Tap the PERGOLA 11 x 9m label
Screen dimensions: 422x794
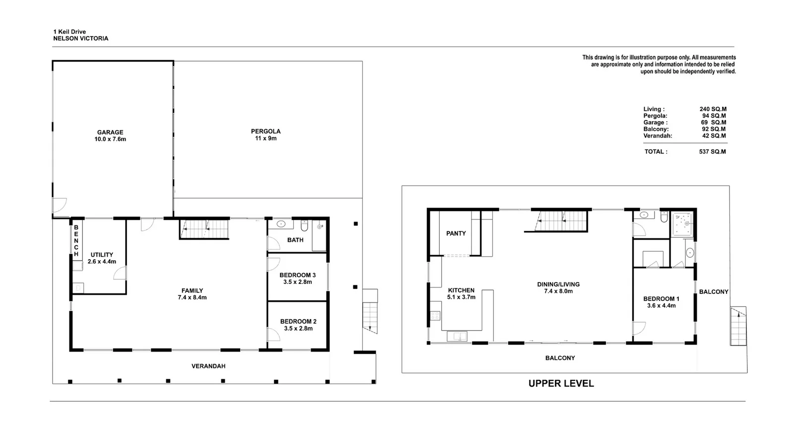click(x=265, y=135)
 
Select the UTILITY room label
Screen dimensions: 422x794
click(x=102, y=258)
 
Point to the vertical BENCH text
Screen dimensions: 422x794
click(x=76, y=241)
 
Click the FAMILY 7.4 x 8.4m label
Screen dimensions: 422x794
click(x=192, y=294)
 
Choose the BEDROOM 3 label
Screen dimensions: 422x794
click(x=297, y=278)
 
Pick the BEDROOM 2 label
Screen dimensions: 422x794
click(x=298, y=325)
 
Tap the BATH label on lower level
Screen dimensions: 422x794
click(x=295, y=240)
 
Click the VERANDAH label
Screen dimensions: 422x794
click(x=208, y=366)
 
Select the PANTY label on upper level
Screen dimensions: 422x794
click(x=456, y=233)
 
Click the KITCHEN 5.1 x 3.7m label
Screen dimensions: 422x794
click(x=461, y=293)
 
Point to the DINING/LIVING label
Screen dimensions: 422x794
click(x=558, y=287)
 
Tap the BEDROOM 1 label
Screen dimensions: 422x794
click(x=661, y=302)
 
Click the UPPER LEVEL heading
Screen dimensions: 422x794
click(x=561, y=383)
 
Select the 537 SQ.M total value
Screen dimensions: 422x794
click(x=712, y=151)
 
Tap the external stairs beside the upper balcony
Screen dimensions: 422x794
click(x=738, y=326)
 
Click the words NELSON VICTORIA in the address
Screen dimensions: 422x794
click(x=80, y=38)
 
